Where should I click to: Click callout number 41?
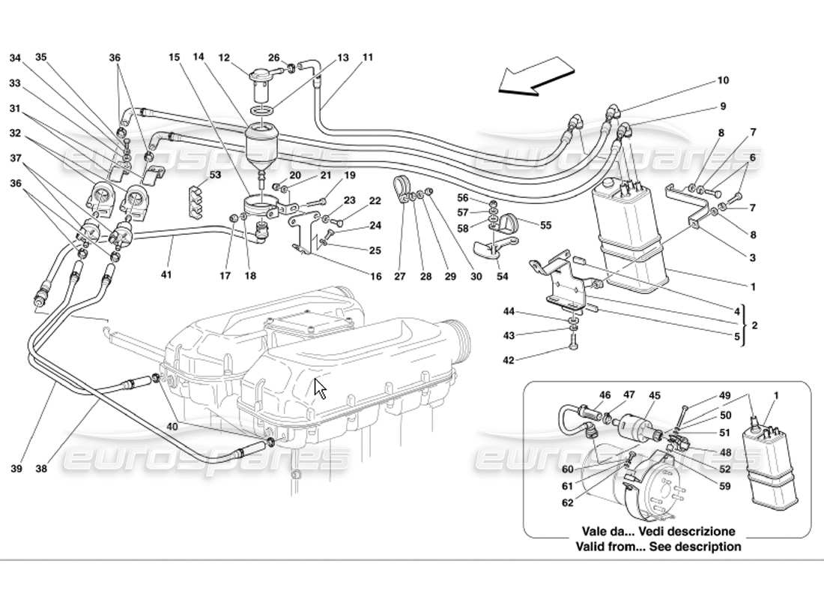[166, 275]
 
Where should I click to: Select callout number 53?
[194, 175]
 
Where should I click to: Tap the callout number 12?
[223, 57]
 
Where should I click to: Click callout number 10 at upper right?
[723, 80]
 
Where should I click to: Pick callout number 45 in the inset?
[654, 394]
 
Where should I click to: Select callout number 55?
[545, 224]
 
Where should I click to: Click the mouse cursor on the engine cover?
[320, 388]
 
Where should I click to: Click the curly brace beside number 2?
[742, 325]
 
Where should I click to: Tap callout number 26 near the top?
[274, 57]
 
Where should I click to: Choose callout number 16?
[375, 277]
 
